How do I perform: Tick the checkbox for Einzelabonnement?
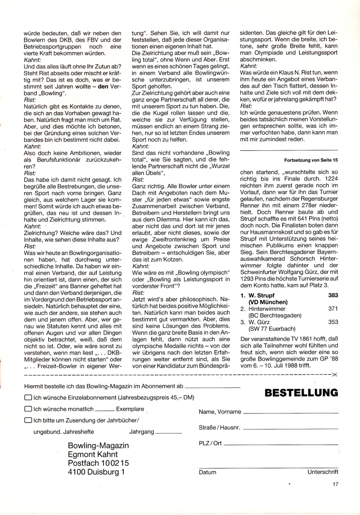coord(28,397)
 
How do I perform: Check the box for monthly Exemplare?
coord(28,409)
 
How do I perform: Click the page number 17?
coord(335,485)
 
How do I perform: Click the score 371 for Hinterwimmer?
coord(333,308)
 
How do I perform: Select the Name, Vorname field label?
coord(220,412)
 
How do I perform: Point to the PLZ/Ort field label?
coord(210,443)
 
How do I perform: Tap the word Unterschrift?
coord(323,472)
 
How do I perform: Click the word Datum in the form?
coord(207,472)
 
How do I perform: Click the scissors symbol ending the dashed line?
coord(335,376)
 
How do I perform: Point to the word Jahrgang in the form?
coord(141,432)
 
